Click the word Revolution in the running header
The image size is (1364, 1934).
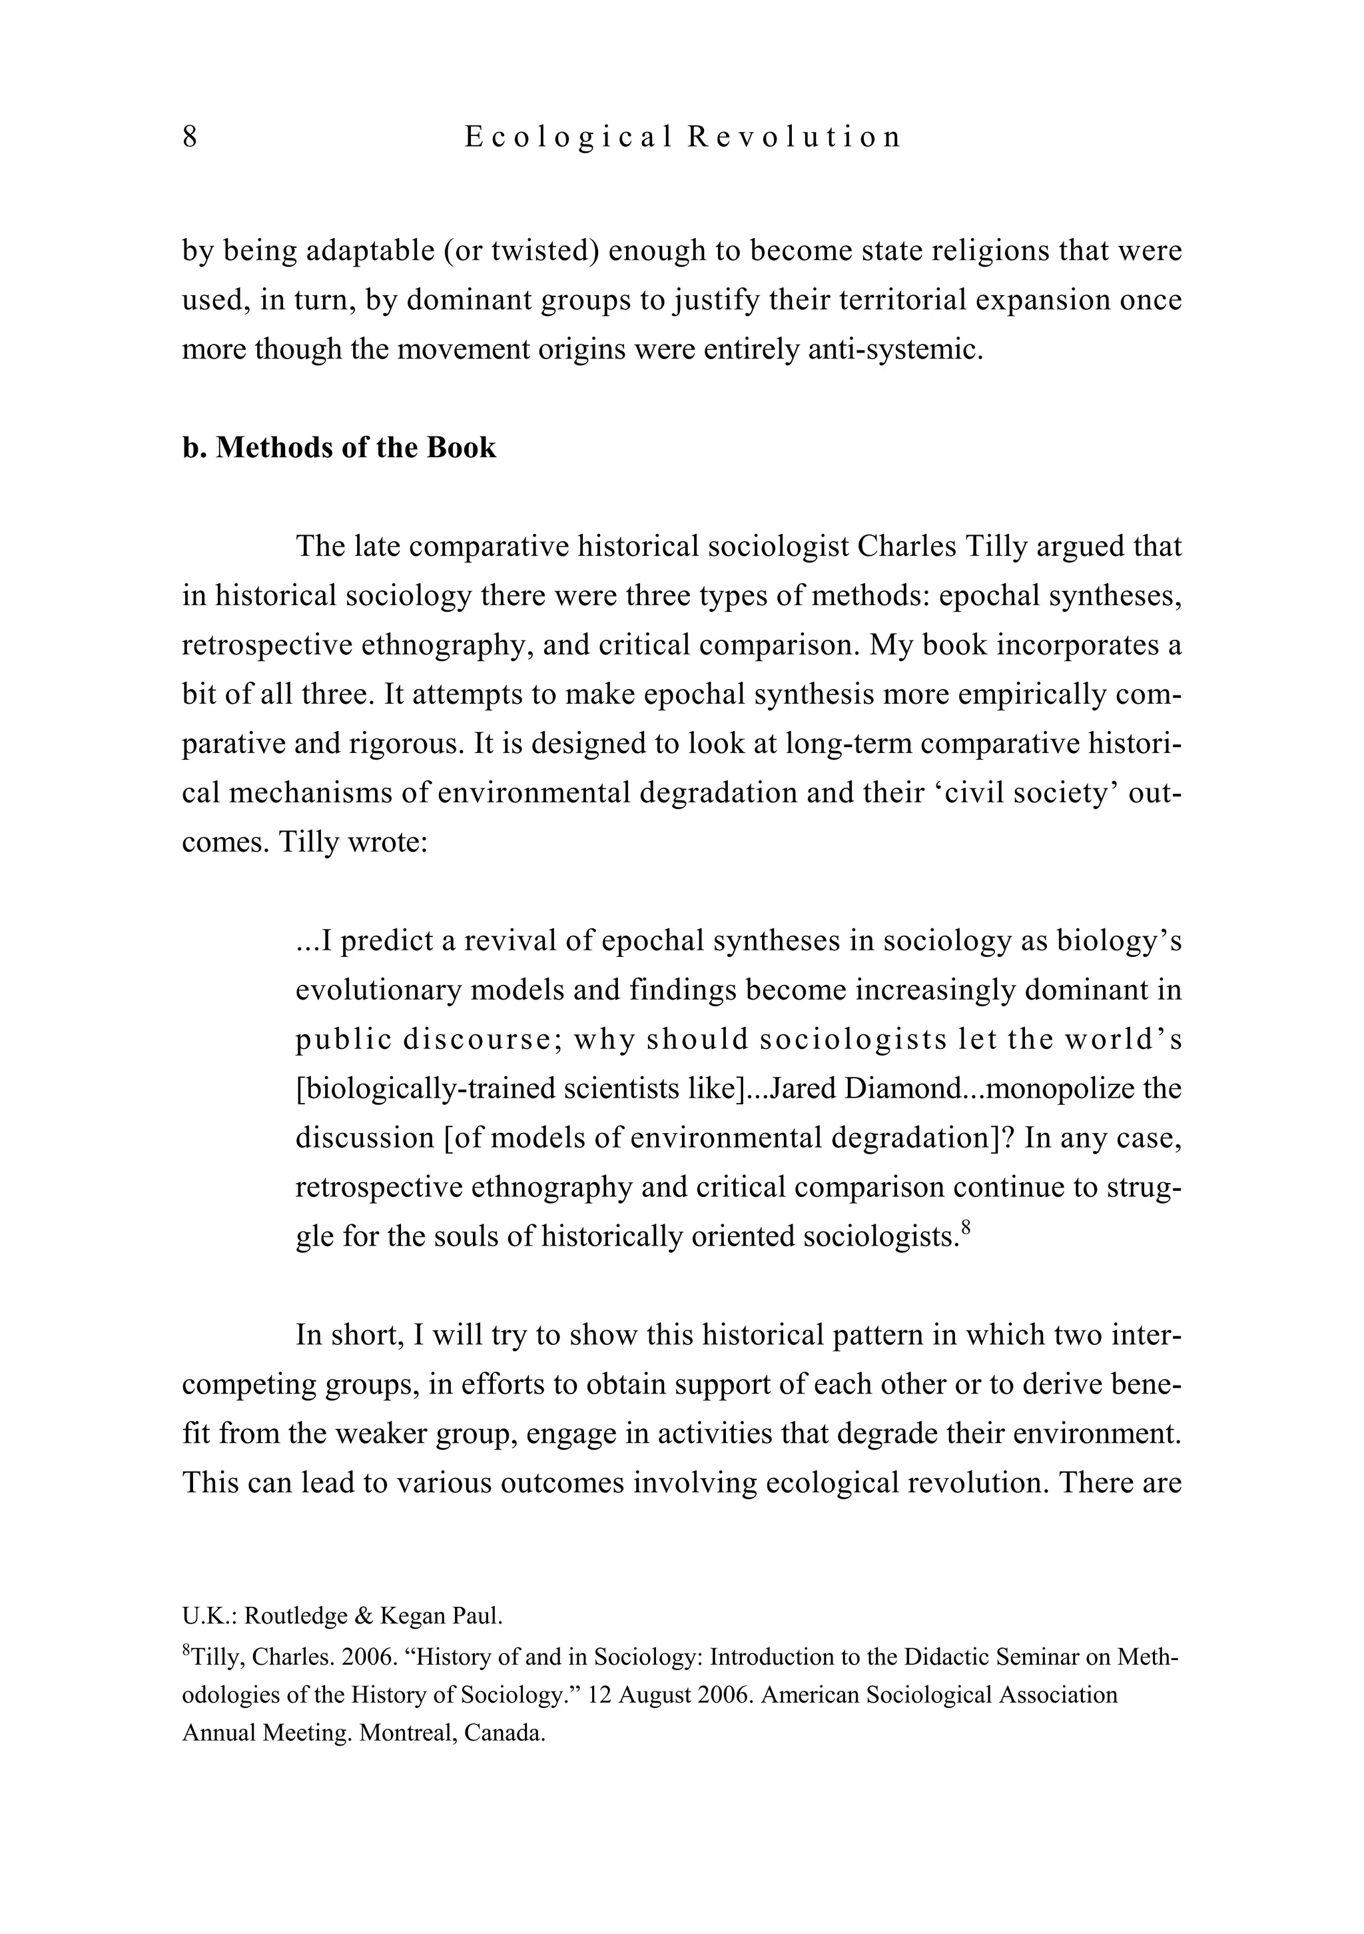pos(794,137)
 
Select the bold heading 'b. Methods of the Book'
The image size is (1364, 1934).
pos(338,447)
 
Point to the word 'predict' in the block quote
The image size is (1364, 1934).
pos(386,941)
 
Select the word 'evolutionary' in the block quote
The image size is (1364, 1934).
pos(378,990)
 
